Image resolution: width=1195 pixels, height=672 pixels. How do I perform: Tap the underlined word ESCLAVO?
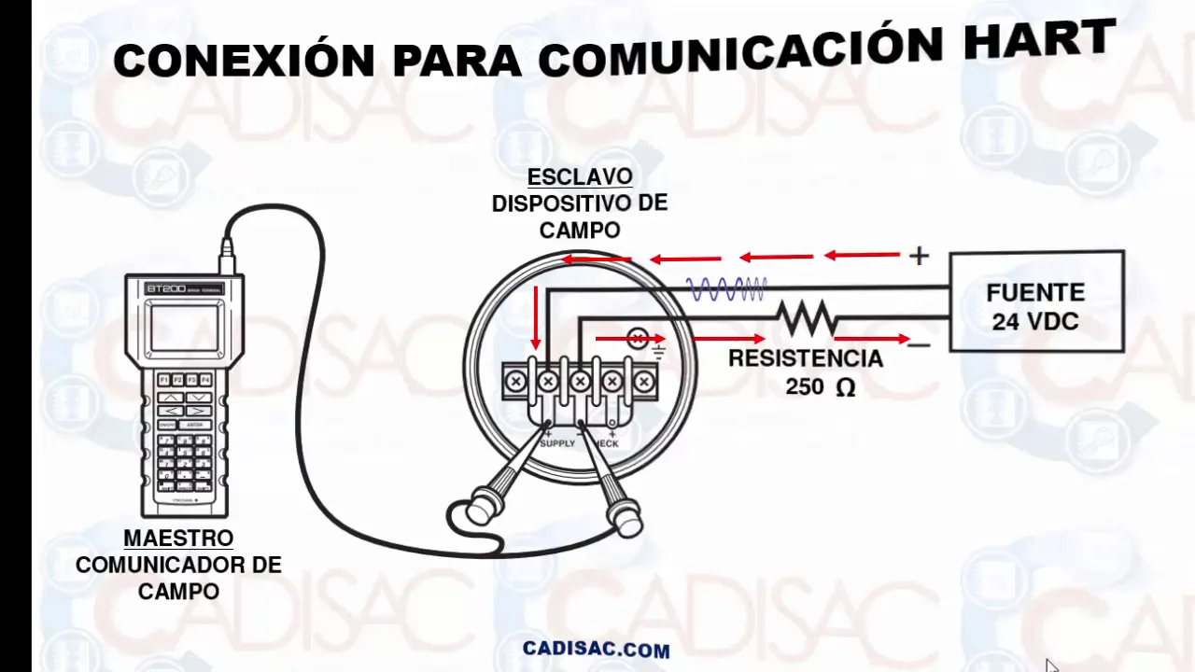[x=580, y=176]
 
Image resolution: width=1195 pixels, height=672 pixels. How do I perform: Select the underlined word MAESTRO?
[x=178, y=539]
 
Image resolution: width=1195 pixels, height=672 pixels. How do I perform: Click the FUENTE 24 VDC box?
[x=1036, y=301]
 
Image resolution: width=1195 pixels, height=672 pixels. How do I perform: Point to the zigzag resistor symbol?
[x=808, y=317]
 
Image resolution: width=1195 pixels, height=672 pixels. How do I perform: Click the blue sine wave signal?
[x=726, y=289]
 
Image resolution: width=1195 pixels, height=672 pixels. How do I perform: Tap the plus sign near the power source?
[x=920, y=256]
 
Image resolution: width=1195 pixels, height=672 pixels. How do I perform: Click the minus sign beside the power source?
[x=919, y=345]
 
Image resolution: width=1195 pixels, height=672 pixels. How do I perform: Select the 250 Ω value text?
[x=820, y=386]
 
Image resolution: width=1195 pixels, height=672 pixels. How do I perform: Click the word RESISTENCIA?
[x=805, y=358]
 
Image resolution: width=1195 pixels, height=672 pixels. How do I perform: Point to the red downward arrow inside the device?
[x=535, y=317]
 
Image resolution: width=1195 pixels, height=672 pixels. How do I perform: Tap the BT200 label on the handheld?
[x=161, y=288]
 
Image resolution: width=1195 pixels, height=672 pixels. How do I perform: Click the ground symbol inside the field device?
[x=659, y=351]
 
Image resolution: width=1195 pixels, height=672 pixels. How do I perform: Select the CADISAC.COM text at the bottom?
[x=596, y=649]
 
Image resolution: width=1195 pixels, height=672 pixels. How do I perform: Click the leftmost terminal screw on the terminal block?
[x=516, y=381]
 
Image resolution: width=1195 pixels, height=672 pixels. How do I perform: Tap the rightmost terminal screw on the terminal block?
[x=643, y=381]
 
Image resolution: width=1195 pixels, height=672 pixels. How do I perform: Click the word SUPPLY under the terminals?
[x=557, y=442]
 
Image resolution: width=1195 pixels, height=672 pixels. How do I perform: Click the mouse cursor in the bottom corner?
[x=1051, y=665]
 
